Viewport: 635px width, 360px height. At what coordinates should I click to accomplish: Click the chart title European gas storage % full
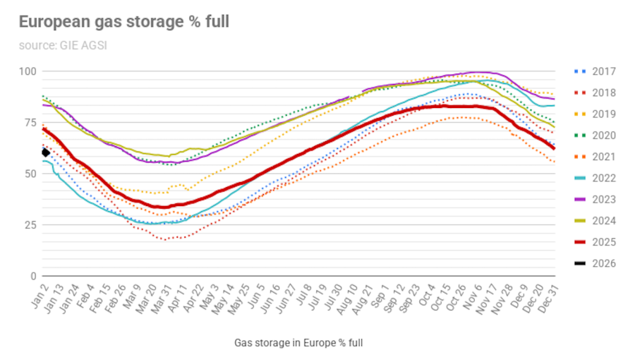[x=123, y=22]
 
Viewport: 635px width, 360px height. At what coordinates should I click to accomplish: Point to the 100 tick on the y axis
[x=28, y=71]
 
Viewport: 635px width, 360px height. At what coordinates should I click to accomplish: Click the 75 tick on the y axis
[x=30, y=123]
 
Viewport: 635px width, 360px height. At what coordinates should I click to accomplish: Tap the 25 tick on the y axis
[x=30, y=225]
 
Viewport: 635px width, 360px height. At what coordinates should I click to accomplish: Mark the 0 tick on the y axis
[x=33, y=276]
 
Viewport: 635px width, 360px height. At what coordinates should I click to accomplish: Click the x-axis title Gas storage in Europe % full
[x=298, y=343]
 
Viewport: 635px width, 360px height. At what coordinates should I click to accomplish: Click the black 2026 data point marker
[x=46, y=152]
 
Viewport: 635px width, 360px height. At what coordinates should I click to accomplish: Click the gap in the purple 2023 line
[x=356, y=94]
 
